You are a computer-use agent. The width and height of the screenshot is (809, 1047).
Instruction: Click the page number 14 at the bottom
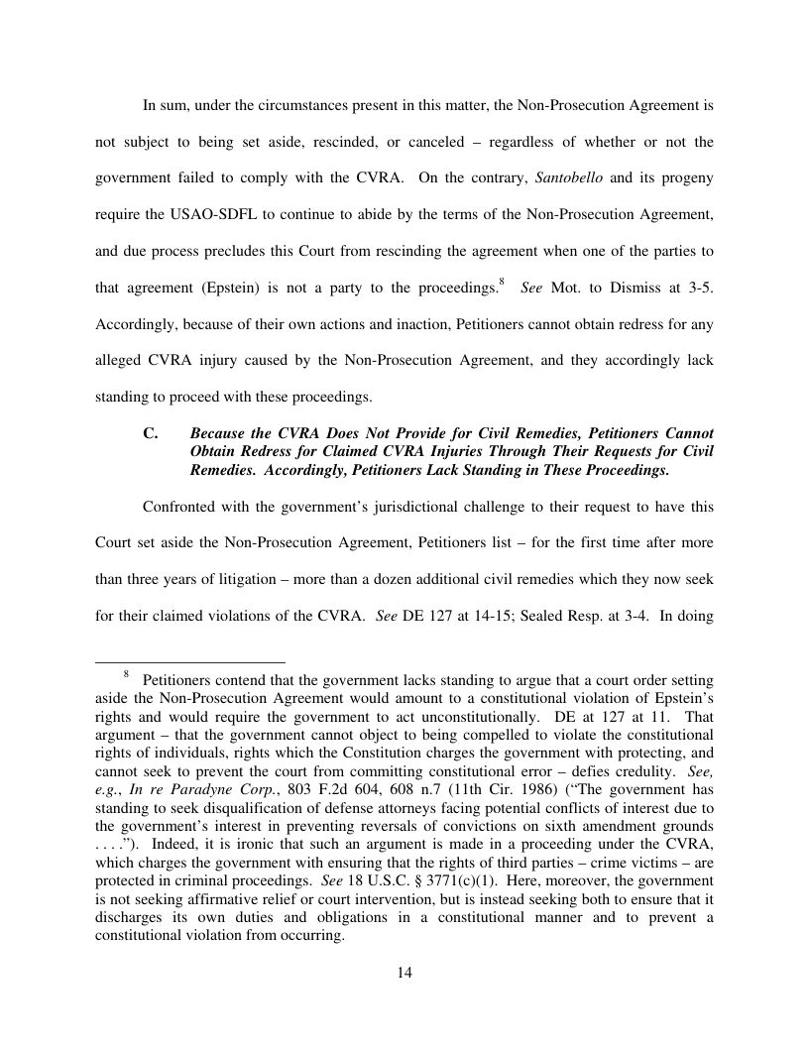(404, 973)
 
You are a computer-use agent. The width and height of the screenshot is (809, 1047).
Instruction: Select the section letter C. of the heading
(151, 434)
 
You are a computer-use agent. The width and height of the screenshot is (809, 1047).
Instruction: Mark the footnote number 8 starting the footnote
(127, 674)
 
